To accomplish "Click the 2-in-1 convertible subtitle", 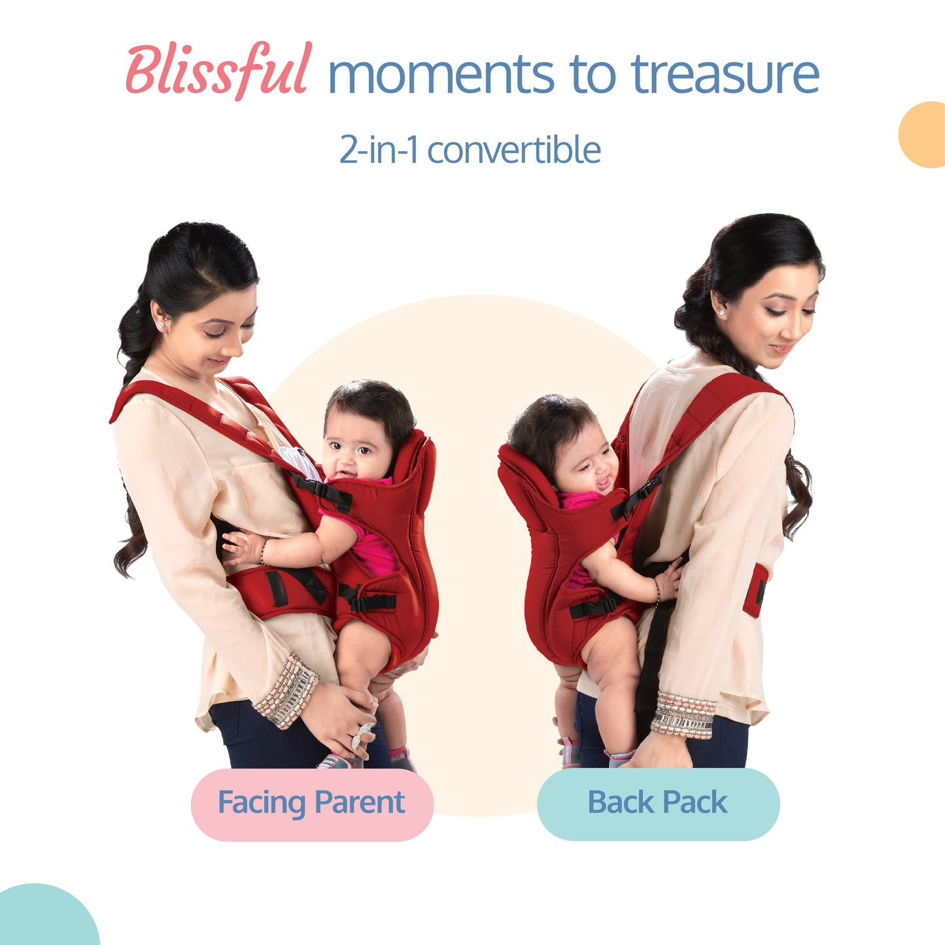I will [470, 150].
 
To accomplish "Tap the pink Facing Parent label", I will [312, 804].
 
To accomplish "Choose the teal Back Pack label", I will [658, 804].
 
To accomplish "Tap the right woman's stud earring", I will [722, 313].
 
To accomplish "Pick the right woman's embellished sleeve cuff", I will [683, 714].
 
